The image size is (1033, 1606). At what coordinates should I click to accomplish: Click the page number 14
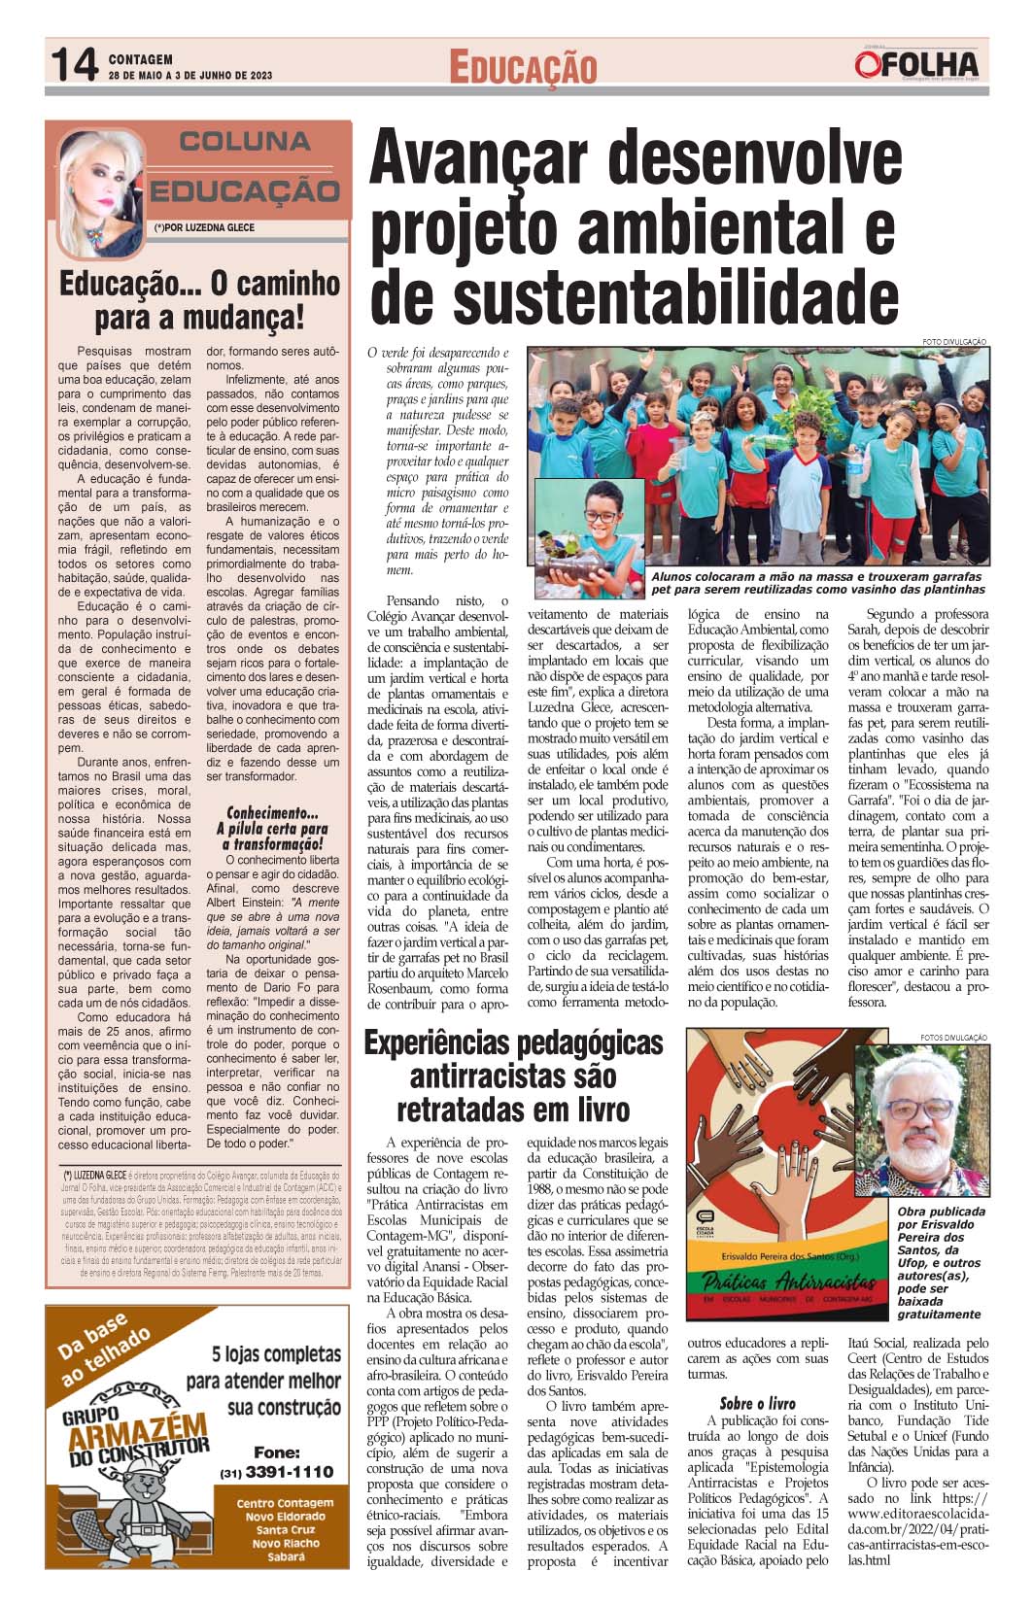tap(74, 66)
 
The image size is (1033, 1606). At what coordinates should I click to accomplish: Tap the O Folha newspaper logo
tap(916, 64)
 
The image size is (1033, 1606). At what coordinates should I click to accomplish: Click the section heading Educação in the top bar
tap(522, 67)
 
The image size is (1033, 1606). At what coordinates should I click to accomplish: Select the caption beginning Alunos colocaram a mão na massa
tap(818, 583)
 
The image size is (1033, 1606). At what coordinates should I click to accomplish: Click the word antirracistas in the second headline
tap(513, 1076)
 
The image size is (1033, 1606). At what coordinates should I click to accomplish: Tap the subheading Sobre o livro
tap(757, 1403)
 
